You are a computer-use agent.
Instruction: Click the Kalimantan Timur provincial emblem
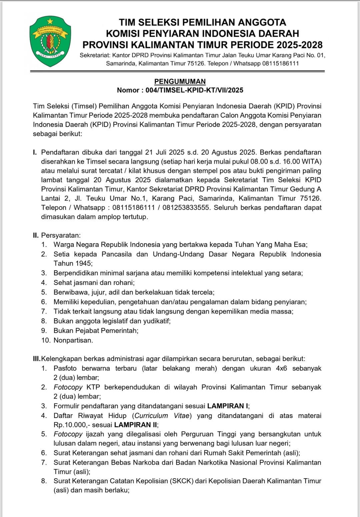[50, 41]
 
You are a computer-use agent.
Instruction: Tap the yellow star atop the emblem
[50, 21]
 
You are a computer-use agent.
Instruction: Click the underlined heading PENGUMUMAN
[180, 81]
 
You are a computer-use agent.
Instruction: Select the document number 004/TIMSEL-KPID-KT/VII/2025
[194, 90]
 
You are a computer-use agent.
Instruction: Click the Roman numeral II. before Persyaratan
[36, 235]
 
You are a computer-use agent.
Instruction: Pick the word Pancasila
[117, 254]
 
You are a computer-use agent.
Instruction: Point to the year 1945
[83, 264]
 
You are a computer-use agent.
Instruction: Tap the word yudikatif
[157, 321]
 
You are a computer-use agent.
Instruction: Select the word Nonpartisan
[73, 340]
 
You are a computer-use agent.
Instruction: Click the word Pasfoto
[65, 368]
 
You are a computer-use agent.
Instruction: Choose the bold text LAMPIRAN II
[136, 425]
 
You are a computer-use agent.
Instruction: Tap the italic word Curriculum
[151, 416]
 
